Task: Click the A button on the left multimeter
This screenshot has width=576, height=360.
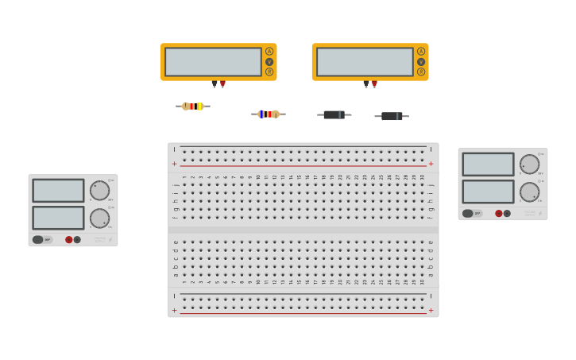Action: [269, 52]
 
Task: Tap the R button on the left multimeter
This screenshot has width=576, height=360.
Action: [269, 72]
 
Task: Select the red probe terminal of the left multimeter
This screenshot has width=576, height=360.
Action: [222, 83]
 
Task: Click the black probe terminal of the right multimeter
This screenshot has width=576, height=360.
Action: [366, 83]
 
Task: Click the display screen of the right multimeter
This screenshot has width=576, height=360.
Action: [365, 62]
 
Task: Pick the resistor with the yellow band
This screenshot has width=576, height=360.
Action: [192, 106]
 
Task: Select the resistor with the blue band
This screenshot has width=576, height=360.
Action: [269, 114]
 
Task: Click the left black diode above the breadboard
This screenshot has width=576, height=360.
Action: [334, 114]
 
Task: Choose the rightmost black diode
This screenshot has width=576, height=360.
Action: [392, 116]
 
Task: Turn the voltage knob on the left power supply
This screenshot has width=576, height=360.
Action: [100, 191]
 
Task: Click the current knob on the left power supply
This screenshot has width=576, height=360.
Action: [100, 218]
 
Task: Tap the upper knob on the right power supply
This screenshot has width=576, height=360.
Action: [529, 165]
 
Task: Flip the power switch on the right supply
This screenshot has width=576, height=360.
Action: [470, 213]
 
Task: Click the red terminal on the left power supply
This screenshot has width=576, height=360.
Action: [69, 239]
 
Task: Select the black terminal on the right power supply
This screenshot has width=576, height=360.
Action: [507, 213]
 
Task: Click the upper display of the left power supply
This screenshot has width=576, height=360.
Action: [58, 191]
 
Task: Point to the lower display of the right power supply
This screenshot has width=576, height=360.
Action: [488, 192]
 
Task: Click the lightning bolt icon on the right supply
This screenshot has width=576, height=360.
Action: [540, 213]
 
